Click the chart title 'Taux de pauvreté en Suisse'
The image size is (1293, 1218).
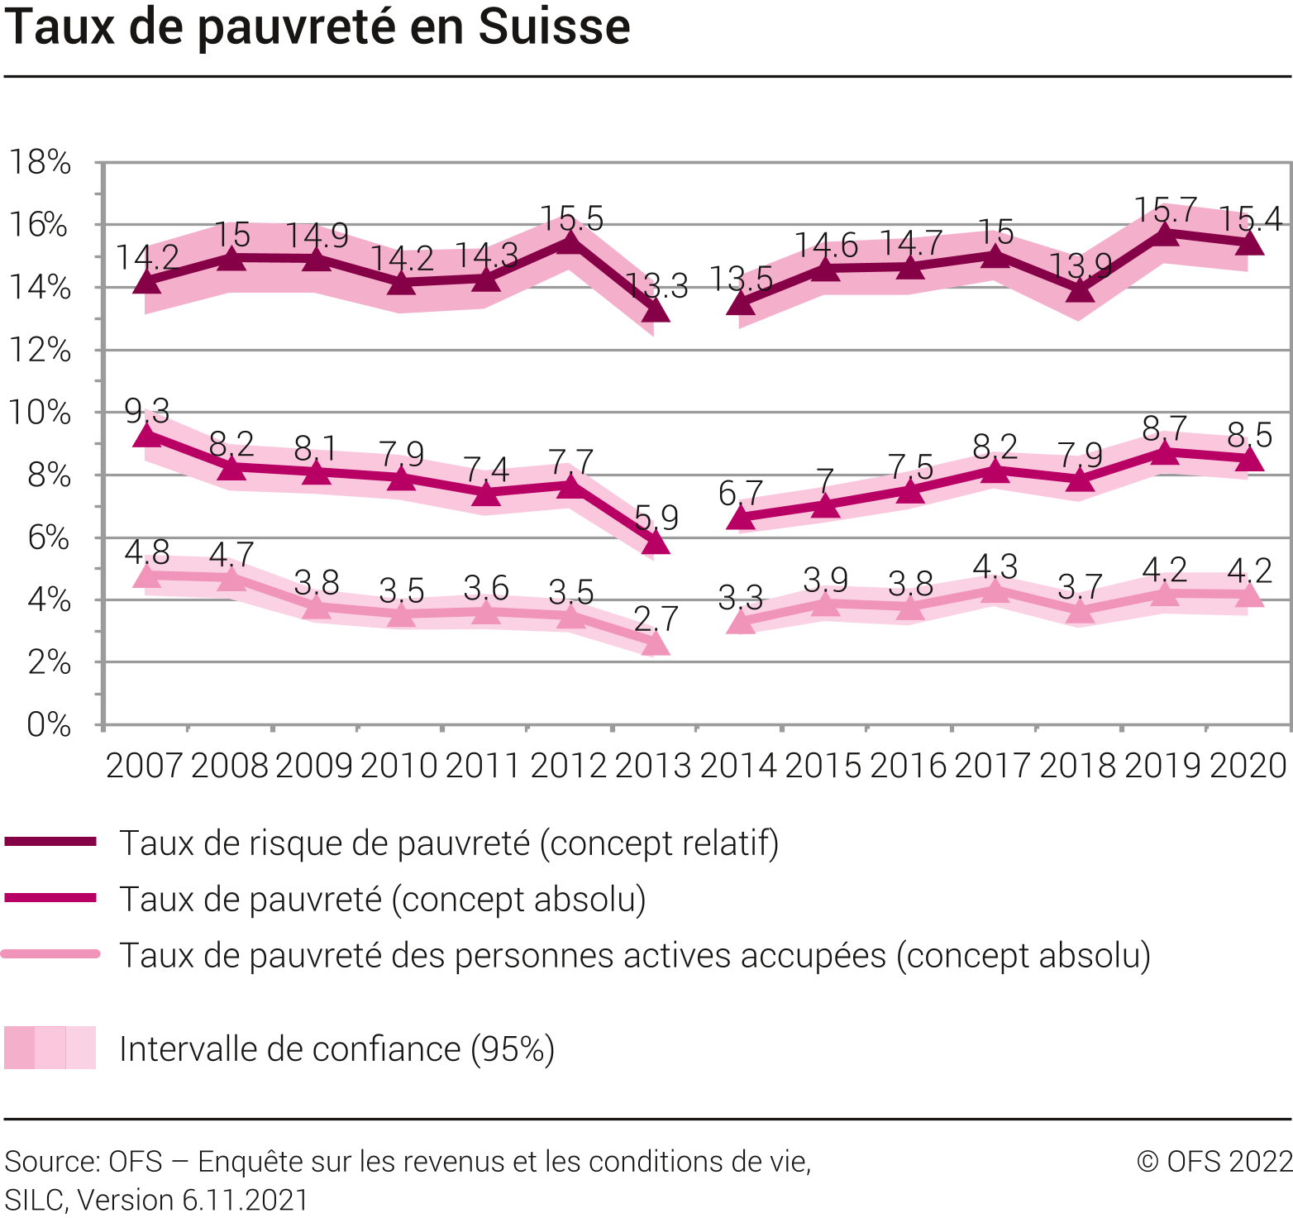(317, 26)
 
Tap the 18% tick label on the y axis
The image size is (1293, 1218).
(40, 162)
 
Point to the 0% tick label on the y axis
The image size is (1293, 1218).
(48, 725)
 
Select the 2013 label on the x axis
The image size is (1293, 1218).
(653, 766)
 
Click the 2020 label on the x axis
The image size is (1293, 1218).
(1248, 766)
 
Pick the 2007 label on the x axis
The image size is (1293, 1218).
(144, 766)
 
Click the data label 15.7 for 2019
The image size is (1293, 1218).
(1165, 210)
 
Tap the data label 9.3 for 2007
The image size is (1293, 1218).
(147, 410)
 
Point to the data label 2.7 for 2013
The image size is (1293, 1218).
(656, 619)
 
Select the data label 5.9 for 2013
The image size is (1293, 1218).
(656, 518)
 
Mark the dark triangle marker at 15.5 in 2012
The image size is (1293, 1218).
(570, 241)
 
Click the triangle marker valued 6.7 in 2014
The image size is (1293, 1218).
(741, 518)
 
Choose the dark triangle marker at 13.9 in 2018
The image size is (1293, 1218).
(1080, 290)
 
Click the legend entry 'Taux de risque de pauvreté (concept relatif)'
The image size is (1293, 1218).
(449, 843)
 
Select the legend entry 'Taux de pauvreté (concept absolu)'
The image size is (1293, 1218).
(383, 899)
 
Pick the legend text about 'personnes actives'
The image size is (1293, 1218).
(635, 955)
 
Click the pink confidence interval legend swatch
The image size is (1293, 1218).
(50, 1048)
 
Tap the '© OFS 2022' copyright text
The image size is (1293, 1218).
(1214, 1161)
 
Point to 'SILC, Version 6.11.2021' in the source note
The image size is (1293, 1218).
(156, 1200)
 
